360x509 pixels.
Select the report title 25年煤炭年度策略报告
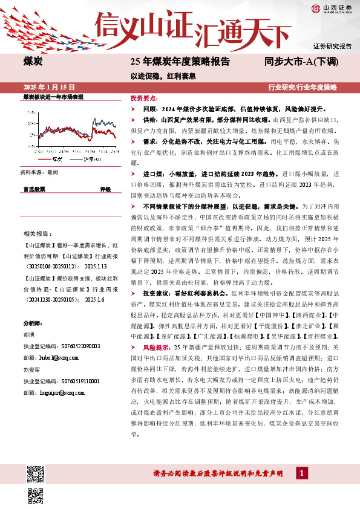pyautogui.click(x=180, y=61)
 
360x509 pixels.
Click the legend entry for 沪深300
pyautogui.click(x=91, y=160)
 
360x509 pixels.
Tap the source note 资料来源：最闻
pyautogui.click(x=39, y=172)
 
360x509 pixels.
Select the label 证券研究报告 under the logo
pyautogui.click(x=333, y=46)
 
